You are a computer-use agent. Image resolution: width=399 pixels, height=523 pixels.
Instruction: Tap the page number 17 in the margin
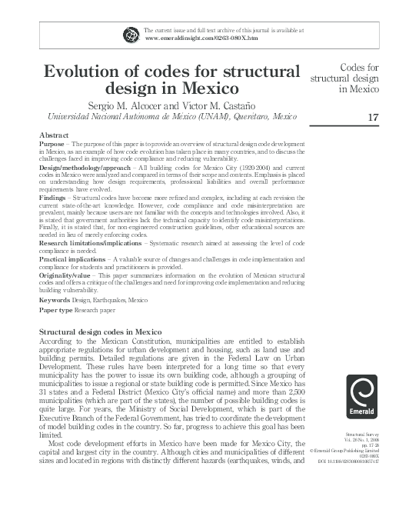tap(374, 117)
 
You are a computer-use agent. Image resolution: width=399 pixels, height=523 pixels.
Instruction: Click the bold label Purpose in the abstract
tap(52, 144)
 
